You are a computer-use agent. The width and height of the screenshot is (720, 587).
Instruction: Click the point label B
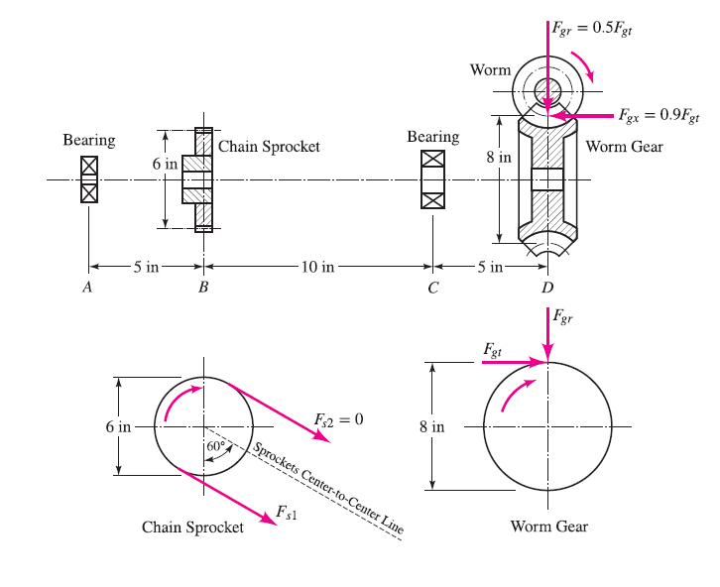pos(203,289)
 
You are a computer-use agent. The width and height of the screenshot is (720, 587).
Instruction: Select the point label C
pos(432,289)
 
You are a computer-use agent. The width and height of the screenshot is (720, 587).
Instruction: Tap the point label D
pos(547,289)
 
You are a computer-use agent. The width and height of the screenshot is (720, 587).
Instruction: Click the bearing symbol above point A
pos(89,179)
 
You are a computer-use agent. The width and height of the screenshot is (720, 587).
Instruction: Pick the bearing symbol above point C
pos(433,179)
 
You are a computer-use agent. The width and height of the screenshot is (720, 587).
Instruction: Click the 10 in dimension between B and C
pos(317,266)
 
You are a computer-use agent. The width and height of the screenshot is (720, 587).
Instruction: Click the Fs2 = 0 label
pos(338,419)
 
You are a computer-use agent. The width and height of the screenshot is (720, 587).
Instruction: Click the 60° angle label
pos(216,447)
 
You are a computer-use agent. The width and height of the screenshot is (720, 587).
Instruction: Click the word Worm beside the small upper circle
pos(490,69)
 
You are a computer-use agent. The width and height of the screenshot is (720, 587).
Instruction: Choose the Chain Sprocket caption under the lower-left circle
pos(192,527)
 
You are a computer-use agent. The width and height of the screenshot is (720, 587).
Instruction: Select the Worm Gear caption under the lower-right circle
pos(548,526)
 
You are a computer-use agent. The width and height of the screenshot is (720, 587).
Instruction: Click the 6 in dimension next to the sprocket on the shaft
pos(164,164)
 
